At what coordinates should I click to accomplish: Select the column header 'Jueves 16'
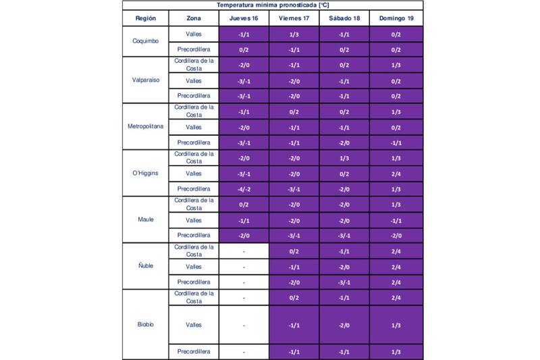[x=244, y=18]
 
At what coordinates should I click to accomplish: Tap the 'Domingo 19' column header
[x=396, y=18]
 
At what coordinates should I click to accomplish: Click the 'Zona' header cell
[x=194, y=18]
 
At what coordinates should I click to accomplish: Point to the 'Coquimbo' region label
[x=145, y=41]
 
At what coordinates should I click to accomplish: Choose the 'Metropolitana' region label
[x=145, y=126]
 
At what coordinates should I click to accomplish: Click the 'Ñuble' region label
[x=145, y=266]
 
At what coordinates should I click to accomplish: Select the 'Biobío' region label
[x=145, y=325]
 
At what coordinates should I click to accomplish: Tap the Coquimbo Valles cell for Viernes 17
[x=294, y=34]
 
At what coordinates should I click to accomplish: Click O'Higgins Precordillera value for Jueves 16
[x=244, y=189]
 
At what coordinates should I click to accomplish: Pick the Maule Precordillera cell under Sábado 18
[x=344, y=235]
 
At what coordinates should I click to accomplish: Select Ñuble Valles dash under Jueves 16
[x=244, y=267]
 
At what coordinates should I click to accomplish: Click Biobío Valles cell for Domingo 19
[x=396, y=325]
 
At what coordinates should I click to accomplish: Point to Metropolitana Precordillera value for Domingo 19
[x=396, y=143]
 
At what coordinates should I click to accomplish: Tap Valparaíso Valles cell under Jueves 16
[x=244, y=80]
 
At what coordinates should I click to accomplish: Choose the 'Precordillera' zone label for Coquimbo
[x=194, y=49]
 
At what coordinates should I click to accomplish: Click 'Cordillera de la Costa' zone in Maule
[x=194, y=204]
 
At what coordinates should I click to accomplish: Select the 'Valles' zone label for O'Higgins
[x=194, y=174]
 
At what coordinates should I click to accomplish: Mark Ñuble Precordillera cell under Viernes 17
[x=294, y=282]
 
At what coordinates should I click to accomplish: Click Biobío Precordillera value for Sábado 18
[x=344, y=352]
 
